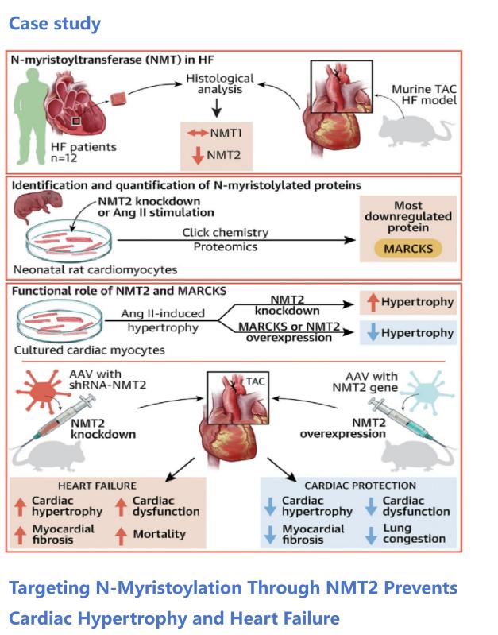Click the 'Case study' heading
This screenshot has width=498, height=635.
point(55,23)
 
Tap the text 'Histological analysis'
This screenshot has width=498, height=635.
point(219,86)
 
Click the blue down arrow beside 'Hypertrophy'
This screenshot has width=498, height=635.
point(369,333)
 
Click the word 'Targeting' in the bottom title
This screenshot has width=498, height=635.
point(57,588)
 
